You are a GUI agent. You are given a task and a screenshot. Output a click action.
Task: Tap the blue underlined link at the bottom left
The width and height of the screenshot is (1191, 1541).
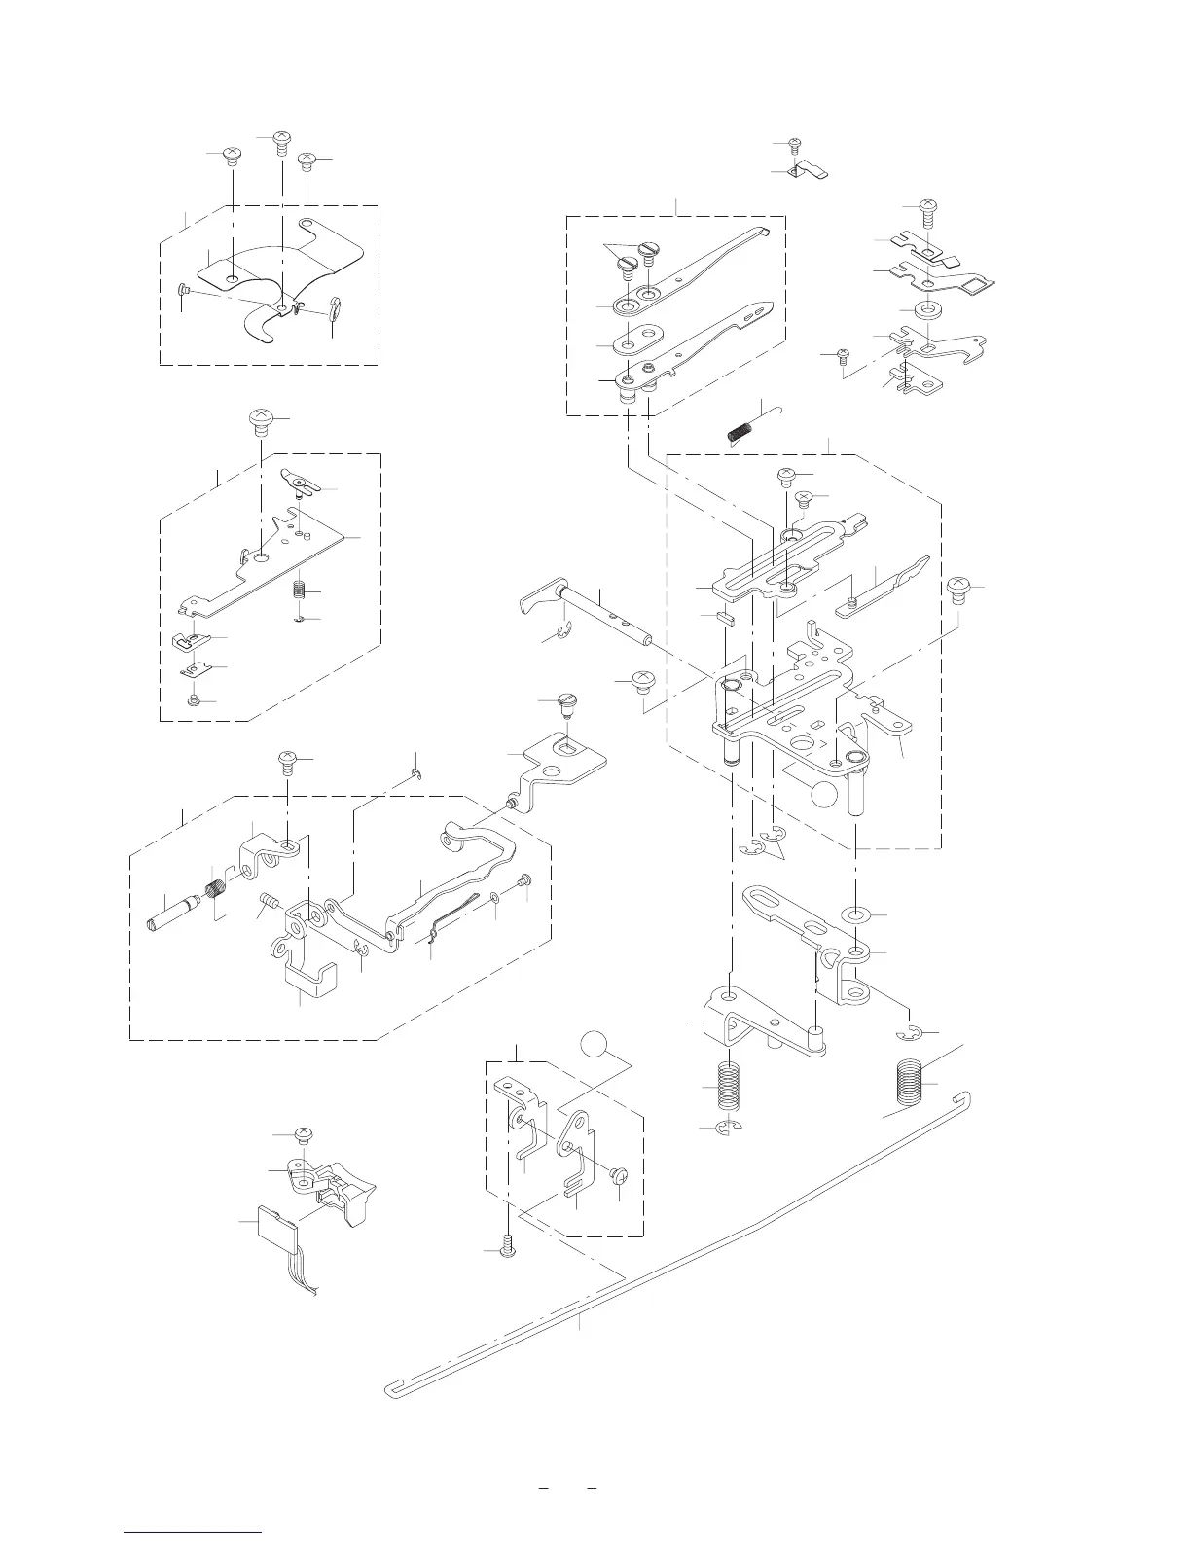194,1532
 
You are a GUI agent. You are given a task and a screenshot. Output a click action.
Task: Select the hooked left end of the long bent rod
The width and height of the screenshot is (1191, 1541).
391,1387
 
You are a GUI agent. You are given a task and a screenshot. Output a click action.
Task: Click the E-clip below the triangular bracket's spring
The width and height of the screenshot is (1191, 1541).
728,1128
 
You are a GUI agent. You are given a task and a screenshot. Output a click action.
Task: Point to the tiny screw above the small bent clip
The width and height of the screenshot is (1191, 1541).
794,146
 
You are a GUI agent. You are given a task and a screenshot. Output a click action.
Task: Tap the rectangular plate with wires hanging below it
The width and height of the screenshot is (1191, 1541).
274,1226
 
